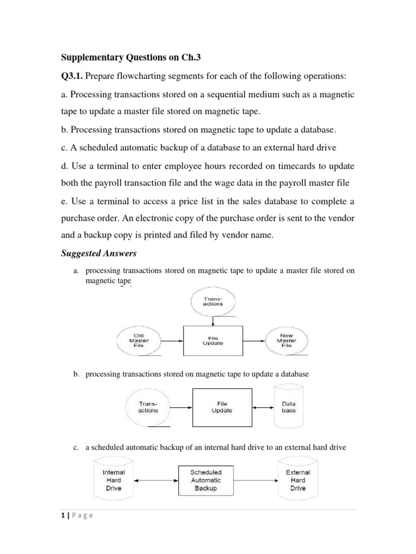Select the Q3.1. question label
(x=73, y=77)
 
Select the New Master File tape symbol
(x=286, y=341)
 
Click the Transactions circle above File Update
(x=212, y=301)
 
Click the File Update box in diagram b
(x=222, y=407)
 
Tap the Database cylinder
(x=289, y=407)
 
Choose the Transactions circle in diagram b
(x=148, y=407)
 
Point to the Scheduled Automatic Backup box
(x=206, y=480)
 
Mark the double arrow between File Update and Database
(x=264, y=407)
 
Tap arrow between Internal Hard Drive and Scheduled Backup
(x=157, y=480)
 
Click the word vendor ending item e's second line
(x=341, y=220)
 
